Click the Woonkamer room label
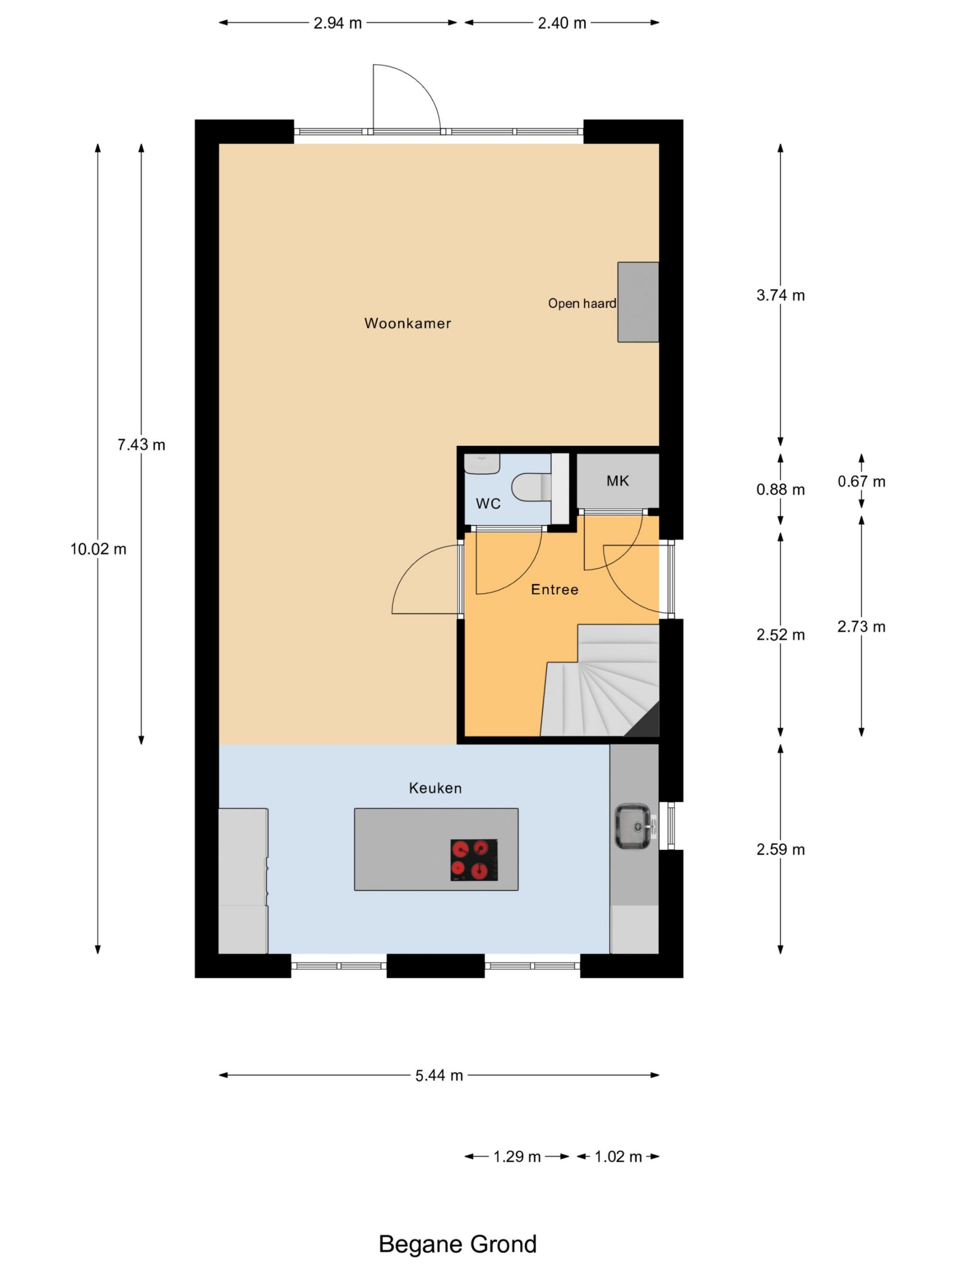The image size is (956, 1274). pyautogui.click(x=407, y=323)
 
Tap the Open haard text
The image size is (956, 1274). pyautogui.click(x=582, y=304)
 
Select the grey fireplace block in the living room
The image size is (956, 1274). pyautogui.click(x=638, y=302)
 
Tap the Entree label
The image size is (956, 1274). pyautogui.click(x=554, y=589)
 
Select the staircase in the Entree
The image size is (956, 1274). pyautogui.click(x=600, y=680)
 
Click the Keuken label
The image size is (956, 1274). pyautogui.click(x=435, y=788)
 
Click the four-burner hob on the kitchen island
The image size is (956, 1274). pyautogui.click(x=474, y=860)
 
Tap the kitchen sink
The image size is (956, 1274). pyautogui.click(x=634, y=827)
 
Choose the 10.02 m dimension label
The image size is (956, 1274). pyautogui.click(x=98, y=549)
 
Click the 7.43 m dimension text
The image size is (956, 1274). pyautogui.click(x=141, y=444)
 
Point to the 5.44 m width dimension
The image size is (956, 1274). pyautogui.click(x=439, y=1075)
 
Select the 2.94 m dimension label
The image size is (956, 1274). pyautogui.click(x=338, y=23)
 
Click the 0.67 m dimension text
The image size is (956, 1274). pyautogui.click(x=861, y=482)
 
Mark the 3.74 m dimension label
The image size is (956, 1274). pyautogui.click(x=780, y=296)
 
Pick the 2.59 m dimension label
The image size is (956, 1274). pyautogui.click(x=780, y=849)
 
